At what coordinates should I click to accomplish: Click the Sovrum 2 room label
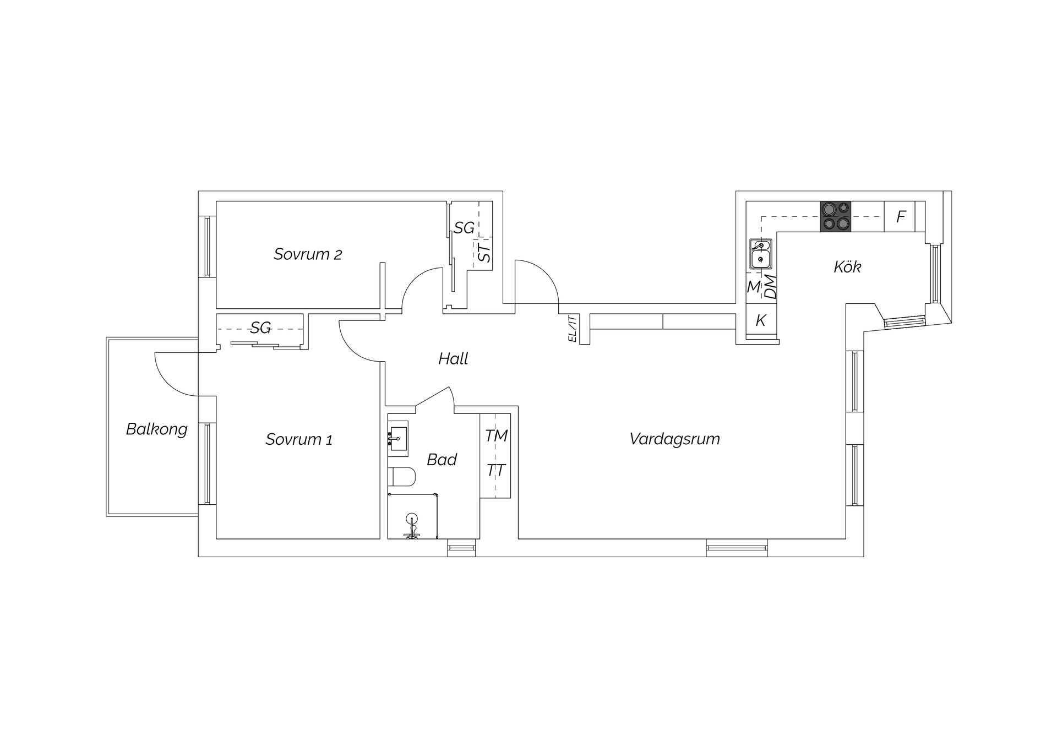coord(308,254)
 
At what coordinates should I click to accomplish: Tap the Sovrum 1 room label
coord(299,439)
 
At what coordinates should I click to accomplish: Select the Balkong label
coord(157,429)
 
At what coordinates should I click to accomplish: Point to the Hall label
coord(453,359)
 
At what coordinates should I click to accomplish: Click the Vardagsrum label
coord(674,439)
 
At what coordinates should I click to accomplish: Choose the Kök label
coord(847,267)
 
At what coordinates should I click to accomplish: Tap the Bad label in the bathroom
coord(442,460)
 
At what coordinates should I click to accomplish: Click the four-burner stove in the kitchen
coord(836,216)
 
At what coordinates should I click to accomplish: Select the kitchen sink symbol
coord(760,254)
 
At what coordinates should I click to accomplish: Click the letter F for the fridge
coord(901,217)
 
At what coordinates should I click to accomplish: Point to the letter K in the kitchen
coord(761,320)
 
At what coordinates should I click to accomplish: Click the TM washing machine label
coord(496,436)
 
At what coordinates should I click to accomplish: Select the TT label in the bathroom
coord(496,471)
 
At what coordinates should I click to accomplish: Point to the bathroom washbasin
coord(398,438)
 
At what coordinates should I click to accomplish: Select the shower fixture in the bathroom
coord(412,526)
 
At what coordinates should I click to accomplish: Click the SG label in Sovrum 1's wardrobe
coord(260,328)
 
